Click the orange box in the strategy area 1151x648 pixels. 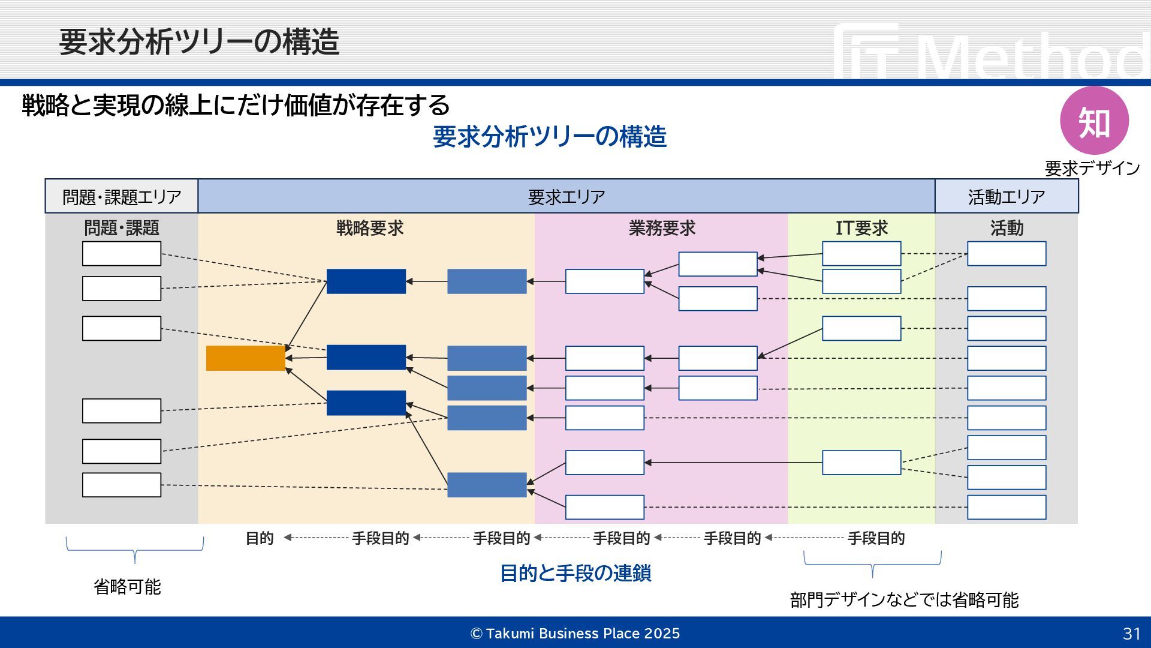[245, 358]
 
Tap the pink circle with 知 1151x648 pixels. [1094, 121]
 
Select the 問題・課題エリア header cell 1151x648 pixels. [122, 196]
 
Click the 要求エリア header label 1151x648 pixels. [567, 196]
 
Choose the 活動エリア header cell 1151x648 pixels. [1006, 196]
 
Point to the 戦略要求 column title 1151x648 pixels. [370, 228]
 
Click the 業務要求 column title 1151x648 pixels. [662, 228]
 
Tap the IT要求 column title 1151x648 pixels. [861, 228]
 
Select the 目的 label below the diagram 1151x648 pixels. [260, 538]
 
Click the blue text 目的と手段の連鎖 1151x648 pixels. [575, 573]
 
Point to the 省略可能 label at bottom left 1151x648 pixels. [127, 586]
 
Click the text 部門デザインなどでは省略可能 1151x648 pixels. [904, 599]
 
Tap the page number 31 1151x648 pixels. [1131, 634]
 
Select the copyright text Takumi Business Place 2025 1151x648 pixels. [575, 634]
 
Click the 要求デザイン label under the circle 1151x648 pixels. [1092, 168]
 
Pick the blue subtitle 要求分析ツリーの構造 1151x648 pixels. [550, 137]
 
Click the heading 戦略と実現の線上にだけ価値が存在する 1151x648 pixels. [236, 105]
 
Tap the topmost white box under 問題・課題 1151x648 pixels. [122, 254]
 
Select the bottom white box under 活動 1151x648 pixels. [1007, 508]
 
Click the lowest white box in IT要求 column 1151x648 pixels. [861, 463]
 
